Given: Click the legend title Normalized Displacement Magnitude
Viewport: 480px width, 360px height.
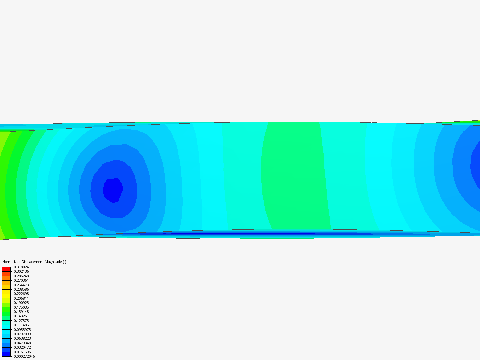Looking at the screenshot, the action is (x=34, y=262).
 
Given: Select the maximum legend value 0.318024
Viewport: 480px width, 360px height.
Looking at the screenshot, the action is (x=21, y=267).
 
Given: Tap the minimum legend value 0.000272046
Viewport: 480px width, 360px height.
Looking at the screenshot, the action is (x=24, y=356).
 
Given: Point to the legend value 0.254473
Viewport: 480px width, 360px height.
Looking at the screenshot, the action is (x=21, y=285).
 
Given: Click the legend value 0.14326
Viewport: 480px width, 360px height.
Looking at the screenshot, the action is (x=20, y=316).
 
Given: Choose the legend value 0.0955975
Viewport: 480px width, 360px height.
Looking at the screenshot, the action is (x=22, y=330).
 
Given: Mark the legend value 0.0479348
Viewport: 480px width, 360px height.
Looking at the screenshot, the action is (x=22, y=343).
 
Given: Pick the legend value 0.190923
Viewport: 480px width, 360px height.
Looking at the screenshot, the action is (x=21, y=303).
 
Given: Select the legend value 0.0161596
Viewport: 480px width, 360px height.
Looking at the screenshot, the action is (x=22, y=352).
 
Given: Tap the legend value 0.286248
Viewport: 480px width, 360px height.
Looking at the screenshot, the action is (x=21, y=276).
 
